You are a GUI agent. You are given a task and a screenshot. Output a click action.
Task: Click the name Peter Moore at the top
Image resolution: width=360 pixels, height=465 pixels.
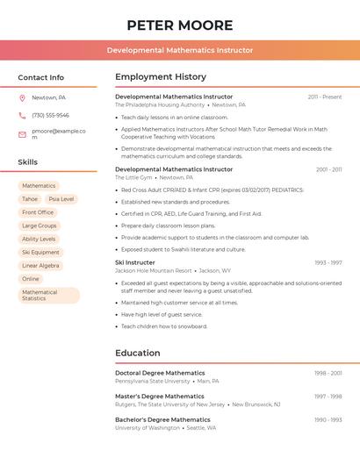(x=180, y=25)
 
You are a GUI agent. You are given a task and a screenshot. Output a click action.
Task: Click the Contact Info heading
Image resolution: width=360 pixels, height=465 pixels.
(x=41, y=77)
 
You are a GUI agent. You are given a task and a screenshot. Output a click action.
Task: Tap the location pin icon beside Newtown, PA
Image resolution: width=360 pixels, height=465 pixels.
(x=22, y=97)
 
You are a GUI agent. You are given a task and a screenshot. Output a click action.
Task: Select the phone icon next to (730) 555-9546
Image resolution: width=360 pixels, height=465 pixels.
(x=22, y=115)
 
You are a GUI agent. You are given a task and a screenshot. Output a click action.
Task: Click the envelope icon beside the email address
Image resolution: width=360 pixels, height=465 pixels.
(x=22, y=134)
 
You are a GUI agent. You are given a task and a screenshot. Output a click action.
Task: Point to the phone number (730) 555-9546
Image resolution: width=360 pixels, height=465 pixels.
(x=50, y=115)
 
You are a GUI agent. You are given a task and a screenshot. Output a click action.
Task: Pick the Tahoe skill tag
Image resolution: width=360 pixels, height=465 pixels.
(x=30, y=199)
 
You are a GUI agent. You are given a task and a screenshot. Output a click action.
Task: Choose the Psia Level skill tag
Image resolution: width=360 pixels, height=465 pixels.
(x=61, y=199)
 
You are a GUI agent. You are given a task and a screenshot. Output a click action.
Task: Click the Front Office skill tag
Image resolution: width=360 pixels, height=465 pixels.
(x=38, y=212)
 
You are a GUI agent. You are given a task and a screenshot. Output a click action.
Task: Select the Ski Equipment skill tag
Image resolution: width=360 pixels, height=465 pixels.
(x=40, y=252)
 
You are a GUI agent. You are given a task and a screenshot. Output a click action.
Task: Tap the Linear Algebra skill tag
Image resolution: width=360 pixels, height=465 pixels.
(x=40, y=265)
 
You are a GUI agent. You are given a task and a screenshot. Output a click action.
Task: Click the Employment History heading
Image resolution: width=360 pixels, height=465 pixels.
(x=161, y=77)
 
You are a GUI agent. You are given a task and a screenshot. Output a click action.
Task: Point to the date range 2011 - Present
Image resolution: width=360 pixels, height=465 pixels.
(x=325, y=97)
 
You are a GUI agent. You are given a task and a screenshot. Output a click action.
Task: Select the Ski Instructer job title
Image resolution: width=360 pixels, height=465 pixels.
(x=135, y=262)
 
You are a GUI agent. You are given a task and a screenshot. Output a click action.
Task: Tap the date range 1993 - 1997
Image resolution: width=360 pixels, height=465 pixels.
(x=328, y=262)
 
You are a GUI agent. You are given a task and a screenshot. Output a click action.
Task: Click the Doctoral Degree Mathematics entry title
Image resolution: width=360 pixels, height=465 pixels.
(x=160, y=373)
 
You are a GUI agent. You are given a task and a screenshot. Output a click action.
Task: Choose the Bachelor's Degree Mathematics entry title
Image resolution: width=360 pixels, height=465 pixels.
(x=162, y=419)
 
